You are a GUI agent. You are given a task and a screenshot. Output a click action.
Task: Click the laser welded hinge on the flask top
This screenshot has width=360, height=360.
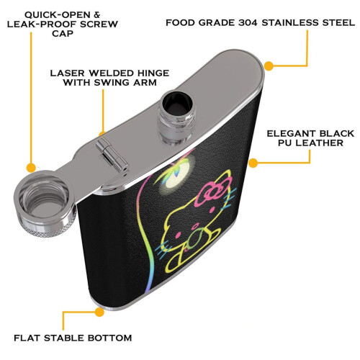click(112, 155)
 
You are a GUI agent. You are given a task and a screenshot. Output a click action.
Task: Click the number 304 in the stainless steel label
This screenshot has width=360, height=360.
click(248, 23)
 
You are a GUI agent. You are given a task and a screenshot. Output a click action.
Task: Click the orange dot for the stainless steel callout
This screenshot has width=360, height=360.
click(269, 66)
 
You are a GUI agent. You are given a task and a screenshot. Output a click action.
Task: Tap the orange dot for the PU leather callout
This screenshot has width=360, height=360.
click(253, 163)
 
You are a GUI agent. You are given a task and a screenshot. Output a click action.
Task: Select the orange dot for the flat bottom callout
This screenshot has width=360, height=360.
click(99, 312)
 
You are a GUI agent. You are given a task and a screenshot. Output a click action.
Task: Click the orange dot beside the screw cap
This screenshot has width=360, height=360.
click(31, 167)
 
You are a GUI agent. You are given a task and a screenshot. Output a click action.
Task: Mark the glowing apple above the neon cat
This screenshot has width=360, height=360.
click(176, 173)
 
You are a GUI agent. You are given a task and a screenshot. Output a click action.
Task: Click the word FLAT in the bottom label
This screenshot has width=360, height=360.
click(27, 338)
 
